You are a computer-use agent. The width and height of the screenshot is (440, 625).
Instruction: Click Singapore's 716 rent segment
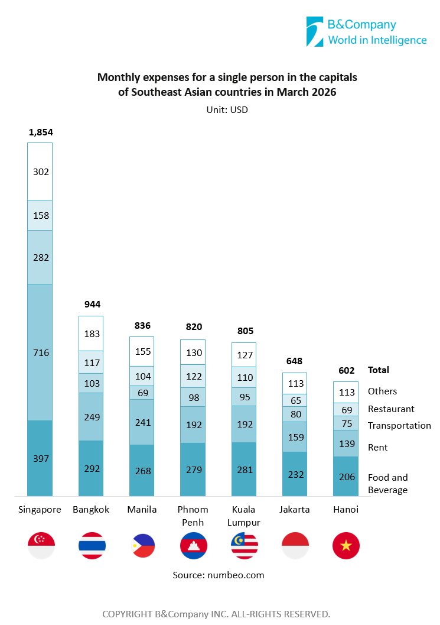[40, 352]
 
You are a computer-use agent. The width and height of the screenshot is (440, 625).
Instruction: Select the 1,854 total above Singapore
[41, 132]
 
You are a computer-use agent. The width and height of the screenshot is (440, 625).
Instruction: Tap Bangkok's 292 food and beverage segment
[92, 468]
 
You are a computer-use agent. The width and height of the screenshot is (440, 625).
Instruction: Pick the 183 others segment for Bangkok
[92, 333]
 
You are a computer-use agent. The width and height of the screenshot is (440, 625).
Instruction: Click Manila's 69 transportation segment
[142, 393]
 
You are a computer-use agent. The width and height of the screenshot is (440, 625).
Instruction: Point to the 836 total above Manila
[142, 325]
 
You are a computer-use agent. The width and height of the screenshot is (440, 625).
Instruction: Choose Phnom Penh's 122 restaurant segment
[193, 376]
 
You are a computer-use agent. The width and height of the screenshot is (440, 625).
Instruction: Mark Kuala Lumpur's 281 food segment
[243, 469]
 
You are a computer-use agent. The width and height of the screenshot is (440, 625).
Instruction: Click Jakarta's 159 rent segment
[294, 437]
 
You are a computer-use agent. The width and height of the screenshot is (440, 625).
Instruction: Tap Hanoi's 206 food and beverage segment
[346, 477]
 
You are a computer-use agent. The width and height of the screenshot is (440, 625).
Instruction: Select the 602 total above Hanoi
[346, 370]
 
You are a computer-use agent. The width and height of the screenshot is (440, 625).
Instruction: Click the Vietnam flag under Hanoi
[346, 545]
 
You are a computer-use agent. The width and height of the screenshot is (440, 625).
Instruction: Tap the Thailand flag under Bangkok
[92, 545]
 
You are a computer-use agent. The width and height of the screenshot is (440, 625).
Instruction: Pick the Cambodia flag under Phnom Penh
[194, 545]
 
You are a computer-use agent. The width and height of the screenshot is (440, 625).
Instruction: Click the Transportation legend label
[399, 426]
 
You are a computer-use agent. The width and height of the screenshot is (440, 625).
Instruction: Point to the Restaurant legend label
[391, 409]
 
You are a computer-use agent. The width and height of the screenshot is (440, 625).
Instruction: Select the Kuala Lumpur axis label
[244, 516]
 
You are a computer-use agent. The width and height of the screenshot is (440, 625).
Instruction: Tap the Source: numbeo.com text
[219, 575]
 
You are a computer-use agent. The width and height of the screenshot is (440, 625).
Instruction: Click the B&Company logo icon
[315, 31]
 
